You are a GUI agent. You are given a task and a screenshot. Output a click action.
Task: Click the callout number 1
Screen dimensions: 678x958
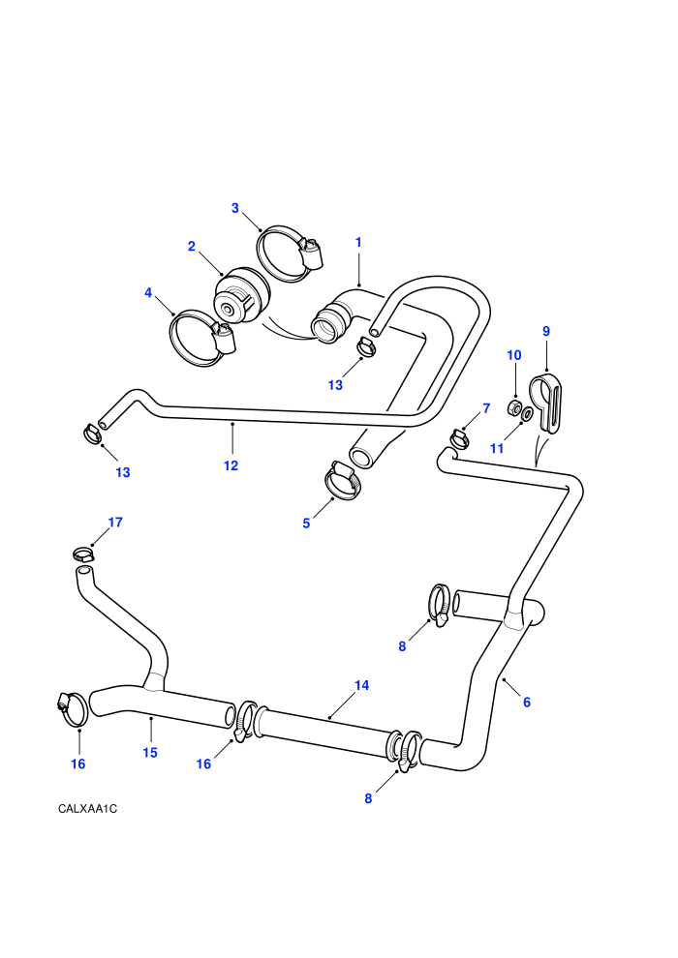tap(358, 242)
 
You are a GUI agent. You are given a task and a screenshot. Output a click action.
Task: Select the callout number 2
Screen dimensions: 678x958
tap(192, 246)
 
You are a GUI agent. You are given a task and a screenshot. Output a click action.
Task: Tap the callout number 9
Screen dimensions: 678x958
tap(546, 331)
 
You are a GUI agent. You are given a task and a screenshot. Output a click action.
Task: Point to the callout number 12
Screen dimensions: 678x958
tap(231, 465)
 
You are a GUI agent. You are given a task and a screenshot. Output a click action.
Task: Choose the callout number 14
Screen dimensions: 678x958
tap(361, 685)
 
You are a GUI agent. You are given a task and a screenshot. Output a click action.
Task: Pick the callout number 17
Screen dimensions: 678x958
tap(115, 523)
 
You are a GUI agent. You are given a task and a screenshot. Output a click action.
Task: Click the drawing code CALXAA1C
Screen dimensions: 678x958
tap(87, 809)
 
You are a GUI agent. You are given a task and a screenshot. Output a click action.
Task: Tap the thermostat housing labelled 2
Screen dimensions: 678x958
tap(240, 297)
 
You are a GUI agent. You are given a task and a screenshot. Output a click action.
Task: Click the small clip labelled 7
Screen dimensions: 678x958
tap(459, 437)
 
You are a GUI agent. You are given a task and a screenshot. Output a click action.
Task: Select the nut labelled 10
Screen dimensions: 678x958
tap(514, 407)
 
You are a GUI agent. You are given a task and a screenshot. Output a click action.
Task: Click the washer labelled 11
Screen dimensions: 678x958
tap(527, 415)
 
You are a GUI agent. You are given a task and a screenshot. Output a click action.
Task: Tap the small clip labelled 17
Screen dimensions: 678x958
tap(83, 554)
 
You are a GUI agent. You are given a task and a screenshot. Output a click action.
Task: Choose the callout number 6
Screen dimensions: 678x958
tap(527, 703)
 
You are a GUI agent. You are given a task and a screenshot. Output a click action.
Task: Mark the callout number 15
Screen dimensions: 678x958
tap(150, 753)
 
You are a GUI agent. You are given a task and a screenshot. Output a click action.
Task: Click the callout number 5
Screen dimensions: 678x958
tap(306, 524)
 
